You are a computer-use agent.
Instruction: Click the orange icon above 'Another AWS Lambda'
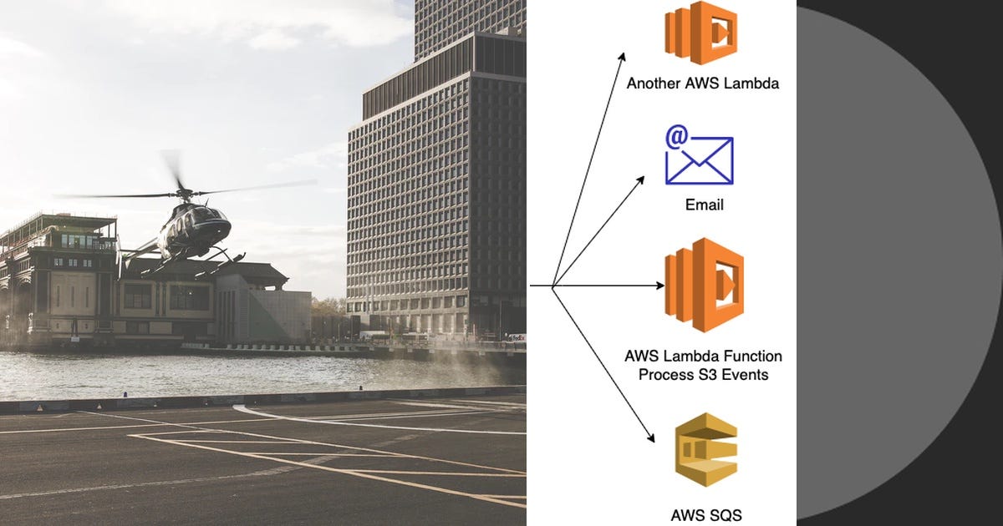pyautogui.click(x=700, y=33)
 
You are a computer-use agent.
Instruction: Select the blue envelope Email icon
pyautogui.click(x=700, y=159)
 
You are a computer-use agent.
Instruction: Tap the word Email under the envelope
pyautogui.click(x=703, y=205)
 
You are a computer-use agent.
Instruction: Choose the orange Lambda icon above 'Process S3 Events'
pyautogui.click(x=704, y=285)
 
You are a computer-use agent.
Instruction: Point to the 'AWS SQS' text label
pyautogui.click(x=706, y=514)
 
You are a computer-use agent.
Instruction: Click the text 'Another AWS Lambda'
pyautogui.click(x=703, y=83)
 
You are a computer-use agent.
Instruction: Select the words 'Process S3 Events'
pyautogui.click(x=703, y=375)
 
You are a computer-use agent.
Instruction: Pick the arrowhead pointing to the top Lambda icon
pyautogui.click(x=622, y=57)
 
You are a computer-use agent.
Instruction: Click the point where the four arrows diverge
pyautogui.click(x=553, y=286)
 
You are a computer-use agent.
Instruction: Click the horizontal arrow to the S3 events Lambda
pyautogui.click(x=610, y=286)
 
